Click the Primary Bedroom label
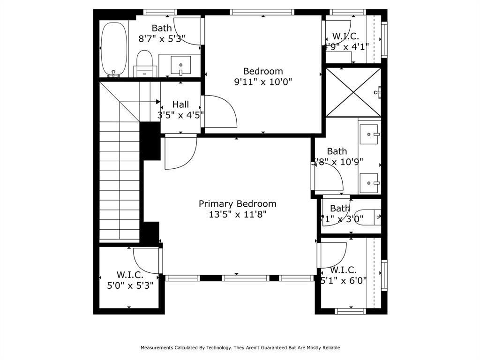(x=237, y=204)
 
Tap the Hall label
(x=180, y=105)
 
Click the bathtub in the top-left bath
(x=114, y=49)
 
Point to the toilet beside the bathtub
(x=145, y=61)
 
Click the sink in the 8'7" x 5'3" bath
(x=180, y=64)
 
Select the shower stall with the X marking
(x=353, y=92)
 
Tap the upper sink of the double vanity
(x=369, y=135)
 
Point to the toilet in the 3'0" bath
(x=368, y=217)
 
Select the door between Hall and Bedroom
(x=220, y=112)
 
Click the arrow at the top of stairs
(x=157, y=102)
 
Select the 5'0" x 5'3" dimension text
(x=130, y=285)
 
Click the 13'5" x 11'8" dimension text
(x=237, y=215)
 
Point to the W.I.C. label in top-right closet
(x=345, y=36)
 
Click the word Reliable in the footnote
(x=330, y=348)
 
